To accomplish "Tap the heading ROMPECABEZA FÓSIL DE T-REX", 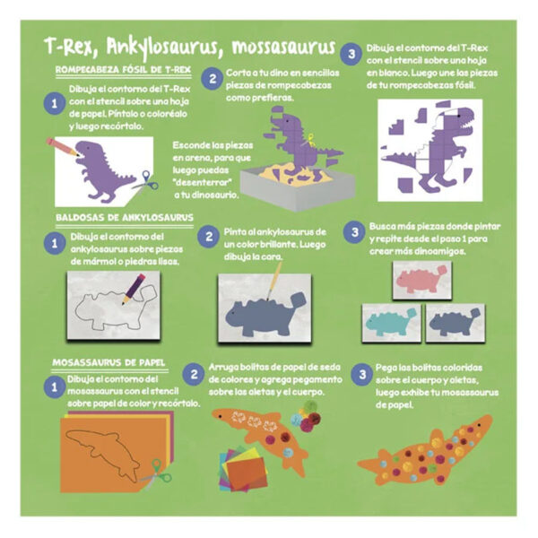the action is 123,70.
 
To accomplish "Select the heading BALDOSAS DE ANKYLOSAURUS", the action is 125,218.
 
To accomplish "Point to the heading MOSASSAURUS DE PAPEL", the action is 108,362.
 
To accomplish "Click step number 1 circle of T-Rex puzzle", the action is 54,103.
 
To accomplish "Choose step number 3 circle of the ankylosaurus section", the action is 354,232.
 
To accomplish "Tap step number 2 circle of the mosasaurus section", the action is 194,374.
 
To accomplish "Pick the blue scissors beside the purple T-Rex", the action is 146,181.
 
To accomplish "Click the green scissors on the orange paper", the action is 156,474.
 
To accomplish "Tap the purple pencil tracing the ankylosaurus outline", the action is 134,289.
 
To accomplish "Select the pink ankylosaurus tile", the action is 421,281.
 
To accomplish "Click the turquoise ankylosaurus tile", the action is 391,323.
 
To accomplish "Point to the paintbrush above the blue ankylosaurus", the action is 274,281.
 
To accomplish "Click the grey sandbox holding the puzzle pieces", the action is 297,187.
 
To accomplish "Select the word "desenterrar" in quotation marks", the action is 203,182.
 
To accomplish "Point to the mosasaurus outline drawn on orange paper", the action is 103,455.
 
